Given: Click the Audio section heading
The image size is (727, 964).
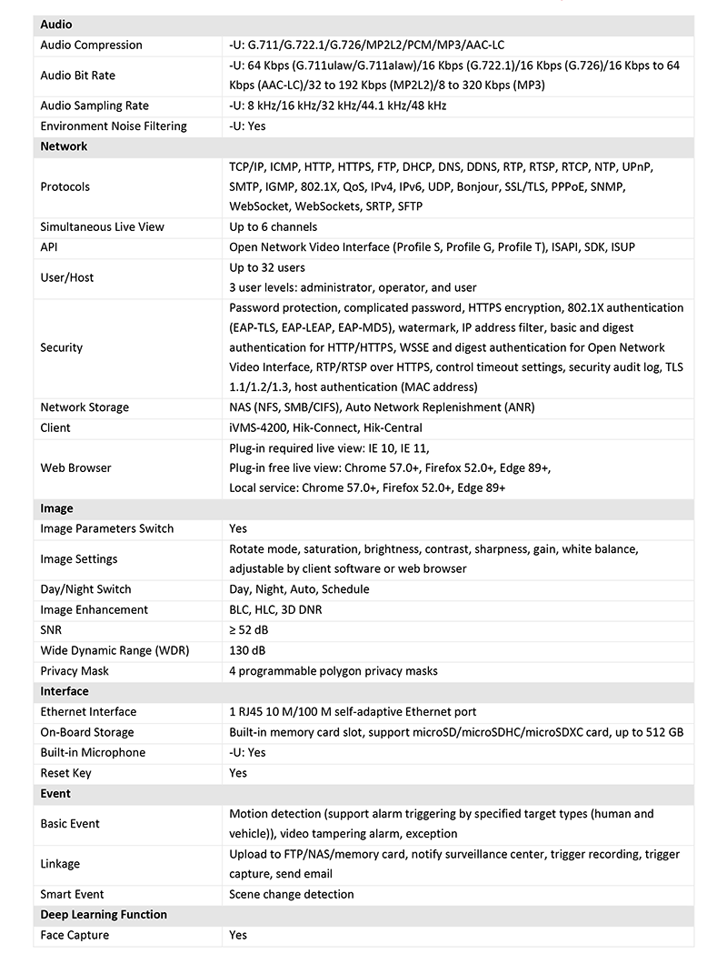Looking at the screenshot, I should (x=56, y=25).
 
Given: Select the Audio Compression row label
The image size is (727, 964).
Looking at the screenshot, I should (x=91, y=45).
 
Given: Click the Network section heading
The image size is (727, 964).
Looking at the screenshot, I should (x=64, y=146).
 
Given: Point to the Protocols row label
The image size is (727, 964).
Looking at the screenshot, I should (x=65, y=186).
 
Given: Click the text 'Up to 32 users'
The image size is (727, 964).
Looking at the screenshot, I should (x=267, y=267).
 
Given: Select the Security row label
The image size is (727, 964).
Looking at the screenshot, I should (x=61, y=347).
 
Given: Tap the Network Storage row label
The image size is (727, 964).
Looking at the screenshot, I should (x=85, y=407).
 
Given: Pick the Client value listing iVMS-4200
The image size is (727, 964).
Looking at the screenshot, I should (x=325, y=427).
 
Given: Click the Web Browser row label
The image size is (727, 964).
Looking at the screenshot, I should (x=75, y=467).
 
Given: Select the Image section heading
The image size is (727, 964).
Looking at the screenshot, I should (x=56, y=508).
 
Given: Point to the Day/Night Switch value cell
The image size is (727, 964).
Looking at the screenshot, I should (x=299, y=589).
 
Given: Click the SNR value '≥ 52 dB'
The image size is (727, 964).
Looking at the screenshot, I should (x=248, y=629).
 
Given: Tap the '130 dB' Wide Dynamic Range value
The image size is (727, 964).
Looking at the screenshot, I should (x=247, y=650).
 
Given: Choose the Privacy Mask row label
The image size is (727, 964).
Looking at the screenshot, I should (x=75, y=671).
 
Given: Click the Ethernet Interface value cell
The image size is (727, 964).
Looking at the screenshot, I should (x=353, y=711).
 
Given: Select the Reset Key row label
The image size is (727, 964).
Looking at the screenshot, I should (x=65, y=773).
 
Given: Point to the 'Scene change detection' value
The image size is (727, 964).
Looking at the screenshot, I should (x=292, y=894).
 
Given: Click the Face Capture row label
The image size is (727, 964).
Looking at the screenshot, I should (x=75, y=935).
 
